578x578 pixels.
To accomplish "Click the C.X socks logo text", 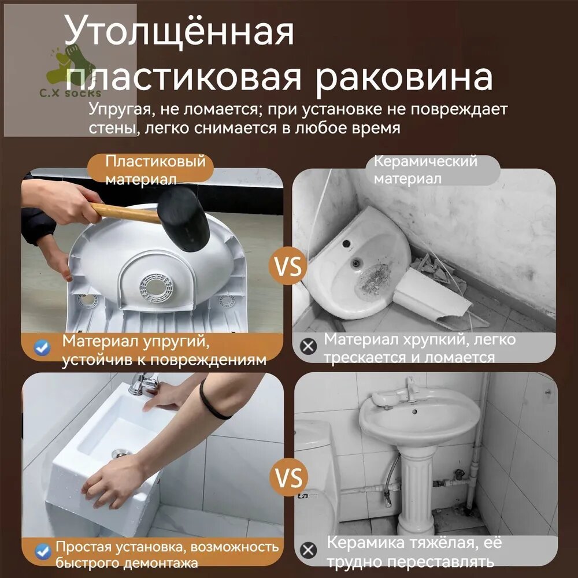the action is click(x=70, y=93).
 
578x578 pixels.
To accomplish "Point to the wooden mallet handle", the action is click(x=125, y=213).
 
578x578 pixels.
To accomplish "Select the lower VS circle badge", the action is click(x=288, y=478).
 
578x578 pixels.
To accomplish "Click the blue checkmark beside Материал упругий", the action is click(x=42, y=347).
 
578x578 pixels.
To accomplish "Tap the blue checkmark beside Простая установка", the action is click(x=43, y=552).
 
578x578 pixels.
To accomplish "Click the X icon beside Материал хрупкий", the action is click(x=308, y=346).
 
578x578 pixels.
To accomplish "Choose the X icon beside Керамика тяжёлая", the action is click(x=308, y=550).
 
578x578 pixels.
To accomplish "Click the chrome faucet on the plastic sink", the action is click(x=142, y=383).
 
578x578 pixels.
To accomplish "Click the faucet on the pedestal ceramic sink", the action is click(x=410, y=389).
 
